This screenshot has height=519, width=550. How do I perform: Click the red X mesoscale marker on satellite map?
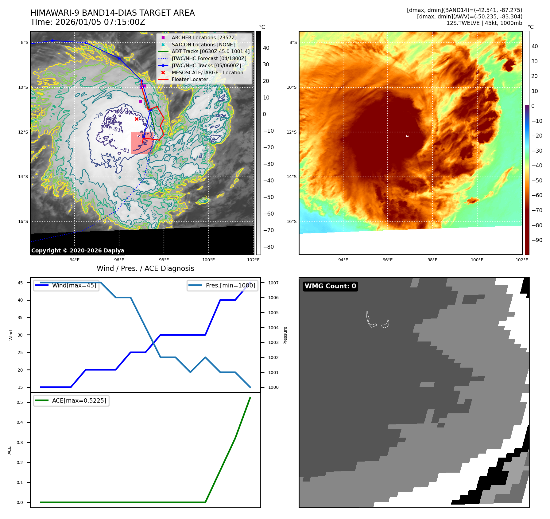point(137,119)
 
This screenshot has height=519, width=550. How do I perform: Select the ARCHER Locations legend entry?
point(204,37)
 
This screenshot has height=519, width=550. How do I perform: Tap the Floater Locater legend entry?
point(190,79)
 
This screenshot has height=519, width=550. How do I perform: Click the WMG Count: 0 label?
point(330,286)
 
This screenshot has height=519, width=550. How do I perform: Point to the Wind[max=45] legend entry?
point(74,285)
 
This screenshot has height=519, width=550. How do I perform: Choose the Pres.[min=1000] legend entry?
point(230,285)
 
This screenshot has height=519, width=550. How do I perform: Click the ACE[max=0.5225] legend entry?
point(79,400)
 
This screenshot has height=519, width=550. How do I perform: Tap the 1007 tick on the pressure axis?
point(273,283)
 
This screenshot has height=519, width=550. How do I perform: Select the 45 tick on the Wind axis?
point(20,283)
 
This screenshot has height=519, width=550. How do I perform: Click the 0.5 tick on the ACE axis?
point(20,402)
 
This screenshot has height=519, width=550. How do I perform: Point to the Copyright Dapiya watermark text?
point(78,251)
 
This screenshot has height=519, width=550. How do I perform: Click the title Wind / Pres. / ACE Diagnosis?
point(145,268)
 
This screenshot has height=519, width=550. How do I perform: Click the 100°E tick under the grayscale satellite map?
point(208,260)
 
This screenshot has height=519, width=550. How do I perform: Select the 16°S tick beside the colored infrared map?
point(292,221)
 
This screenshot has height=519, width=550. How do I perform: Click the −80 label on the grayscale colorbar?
point(268,247)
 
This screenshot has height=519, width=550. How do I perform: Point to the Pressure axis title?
point(285,335)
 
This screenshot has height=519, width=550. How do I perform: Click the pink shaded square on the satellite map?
point(141,143)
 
